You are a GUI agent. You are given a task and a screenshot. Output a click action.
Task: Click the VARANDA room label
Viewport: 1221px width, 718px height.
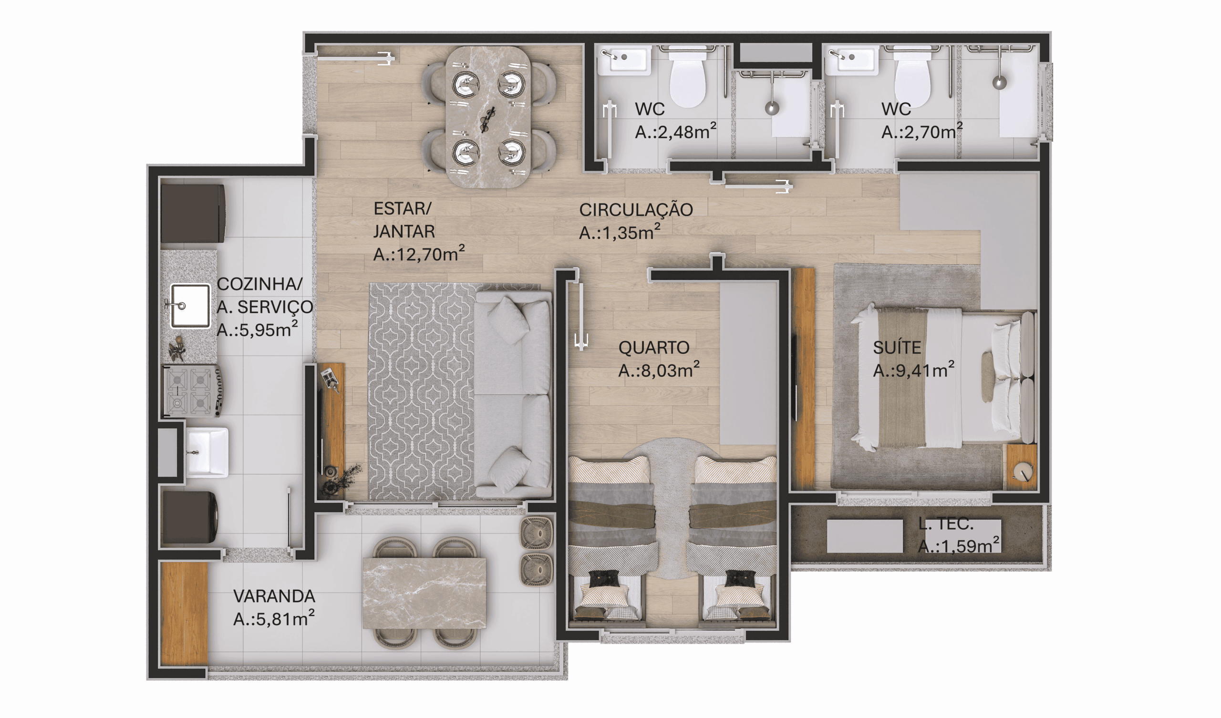coord(274,596)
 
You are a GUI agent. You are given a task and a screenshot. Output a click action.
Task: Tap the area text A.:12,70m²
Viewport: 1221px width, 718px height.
coord(419,253)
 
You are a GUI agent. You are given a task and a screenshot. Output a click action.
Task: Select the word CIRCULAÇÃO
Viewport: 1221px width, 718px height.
coord(636,210)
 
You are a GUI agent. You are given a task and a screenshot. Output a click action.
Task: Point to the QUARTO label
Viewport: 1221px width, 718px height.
coord(653,348)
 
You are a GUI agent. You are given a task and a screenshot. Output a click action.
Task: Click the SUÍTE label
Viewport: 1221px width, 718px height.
coord(897,348)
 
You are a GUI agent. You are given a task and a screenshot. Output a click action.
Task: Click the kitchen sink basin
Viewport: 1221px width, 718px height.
coord(190,306)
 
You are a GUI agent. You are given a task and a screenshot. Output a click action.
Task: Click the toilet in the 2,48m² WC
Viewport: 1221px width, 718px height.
coord(688,78)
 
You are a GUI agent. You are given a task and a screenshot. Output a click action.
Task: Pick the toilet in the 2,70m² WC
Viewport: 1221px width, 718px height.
coord(912,78)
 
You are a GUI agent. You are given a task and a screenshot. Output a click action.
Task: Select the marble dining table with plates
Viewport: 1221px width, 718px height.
coord(488,117)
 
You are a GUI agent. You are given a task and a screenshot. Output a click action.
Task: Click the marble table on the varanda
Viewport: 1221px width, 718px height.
coord(424,593)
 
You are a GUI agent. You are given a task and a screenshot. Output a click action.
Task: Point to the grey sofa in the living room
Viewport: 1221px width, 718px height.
coord(513,394)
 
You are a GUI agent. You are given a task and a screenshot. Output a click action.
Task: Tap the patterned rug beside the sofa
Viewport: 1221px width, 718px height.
coord(422,391)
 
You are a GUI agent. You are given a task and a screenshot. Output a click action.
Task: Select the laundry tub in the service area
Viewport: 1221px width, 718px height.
coord(207,452)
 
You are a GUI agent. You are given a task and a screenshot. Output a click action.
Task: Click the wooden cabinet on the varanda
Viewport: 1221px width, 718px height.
coord(184,614)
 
